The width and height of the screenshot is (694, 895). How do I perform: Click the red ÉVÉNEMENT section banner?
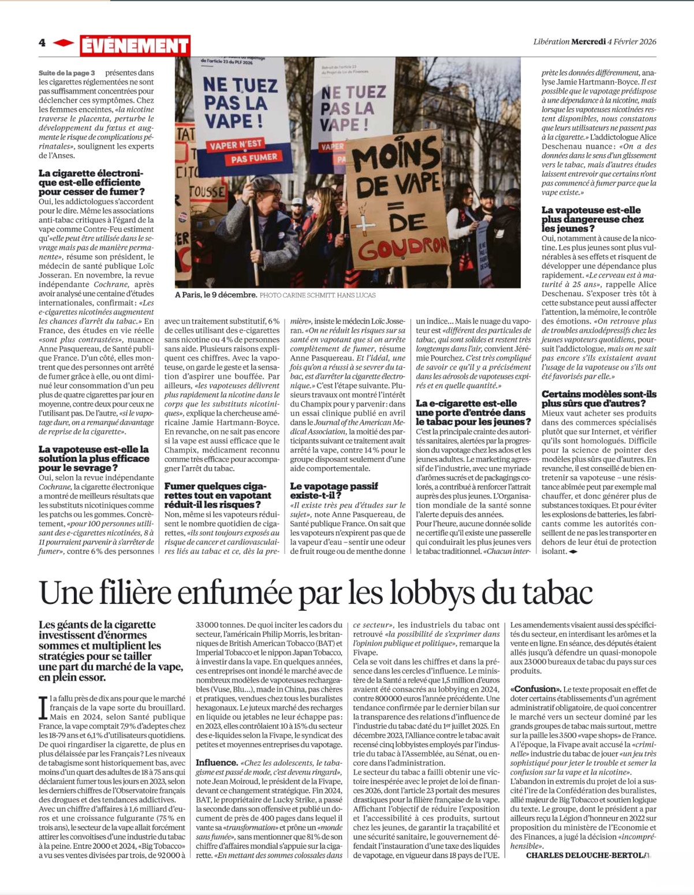135,46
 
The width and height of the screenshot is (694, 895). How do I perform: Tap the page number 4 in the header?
42,43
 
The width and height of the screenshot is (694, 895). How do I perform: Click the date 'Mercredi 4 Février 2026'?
614,42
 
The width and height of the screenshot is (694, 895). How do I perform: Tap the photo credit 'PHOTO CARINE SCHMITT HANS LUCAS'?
318,296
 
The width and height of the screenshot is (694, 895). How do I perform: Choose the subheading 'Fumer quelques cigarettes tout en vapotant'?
217,495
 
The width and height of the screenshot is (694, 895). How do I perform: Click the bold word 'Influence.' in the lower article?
217,763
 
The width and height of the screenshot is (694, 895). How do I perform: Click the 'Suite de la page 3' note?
66,73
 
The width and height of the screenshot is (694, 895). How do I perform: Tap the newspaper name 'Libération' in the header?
551,42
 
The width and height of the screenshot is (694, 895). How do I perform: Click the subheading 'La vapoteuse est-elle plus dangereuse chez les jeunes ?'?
591,219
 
